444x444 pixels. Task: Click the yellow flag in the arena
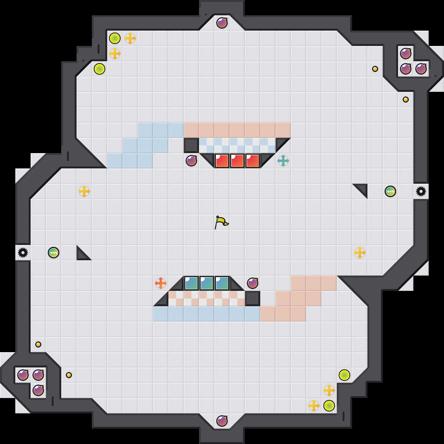coord(221,222)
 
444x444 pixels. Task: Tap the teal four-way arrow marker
coord(283,161)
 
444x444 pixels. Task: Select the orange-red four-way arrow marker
coord(161,283)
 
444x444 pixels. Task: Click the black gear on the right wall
coord(421,191)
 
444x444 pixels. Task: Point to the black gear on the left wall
coord(23,253)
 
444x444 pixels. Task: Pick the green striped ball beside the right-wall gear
coord(390,191)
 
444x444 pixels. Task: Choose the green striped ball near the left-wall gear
coord(54,253)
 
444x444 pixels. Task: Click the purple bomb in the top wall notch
coord(222,23)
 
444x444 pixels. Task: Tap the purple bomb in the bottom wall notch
coord(222,421)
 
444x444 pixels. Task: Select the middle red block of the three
coord(237,161)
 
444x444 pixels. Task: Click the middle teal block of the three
coord(207,283)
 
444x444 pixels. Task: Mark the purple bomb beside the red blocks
coord(191,161)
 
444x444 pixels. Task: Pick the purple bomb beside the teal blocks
coord(253,283)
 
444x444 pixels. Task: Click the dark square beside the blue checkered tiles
coord(191,145)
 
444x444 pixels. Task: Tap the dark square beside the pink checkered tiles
coord(253,299)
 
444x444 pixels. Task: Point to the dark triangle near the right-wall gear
coord(362,189)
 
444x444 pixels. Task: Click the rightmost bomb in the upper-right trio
coord(421,69)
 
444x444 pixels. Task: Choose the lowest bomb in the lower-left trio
coord(38,390)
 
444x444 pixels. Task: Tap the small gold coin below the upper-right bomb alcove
coord(406,100)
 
